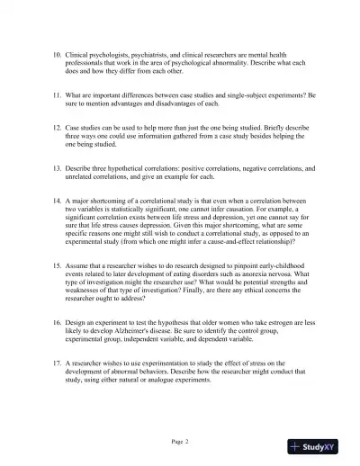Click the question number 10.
point(57,55)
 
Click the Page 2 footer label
point(179,443)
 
